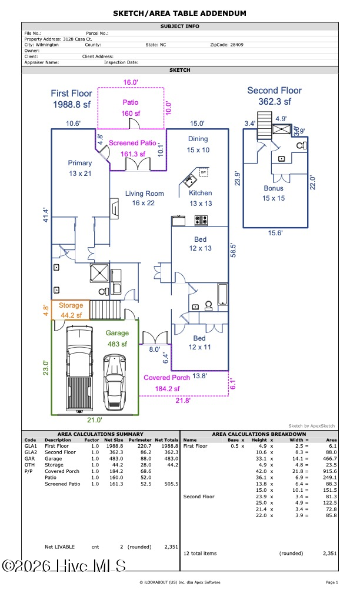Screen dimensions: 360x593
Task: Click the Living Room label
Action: (x=145, y=194)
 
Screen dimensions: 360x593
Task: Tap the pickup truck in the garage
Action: (x=79, y=369)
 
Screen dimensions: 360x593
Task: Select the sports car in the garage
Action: (x=114, y=383)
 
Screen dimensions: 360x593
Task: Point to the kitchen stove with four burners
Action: (x=201, y=220)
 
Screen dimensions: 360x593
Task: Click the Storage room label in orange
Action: (x=71, y=305)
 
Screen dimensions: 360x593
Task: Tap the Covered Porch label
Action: (x=167, y=378)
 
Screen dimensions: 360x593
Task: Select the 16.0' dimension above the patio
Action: (x=131, y=82)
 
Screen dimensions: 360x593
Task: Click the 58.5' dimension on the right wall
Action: (x=234, y=251)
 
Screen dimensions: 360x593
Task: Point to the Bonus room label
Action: (x=274, y=188)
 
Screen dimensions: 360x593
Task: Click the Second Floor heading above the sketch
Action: (x=275, y=91)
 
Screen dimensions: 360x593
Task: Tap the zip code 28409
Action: (x=237, y=45)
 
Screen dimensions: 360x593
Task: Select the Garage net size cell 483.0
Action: (x=116, y=458)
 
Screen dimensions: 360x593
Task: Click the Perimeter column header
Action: (x=140, y=440)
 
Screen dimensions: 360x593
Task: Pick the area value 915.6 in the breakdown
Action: (x=330, y=471)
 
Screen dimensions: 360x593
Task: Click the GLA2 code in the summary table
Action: (x=31, y=452)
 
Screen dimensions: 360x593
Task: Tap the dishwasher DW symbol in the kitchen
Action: (x=204, y=172)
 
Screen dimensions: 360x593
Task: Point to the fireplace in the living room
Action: (x=114, y=208)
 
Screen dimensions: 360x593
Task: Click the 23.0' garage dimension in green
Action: (x=46, y=368)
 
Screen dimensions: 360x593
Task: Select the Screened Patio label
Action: (x=132, y=143)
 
